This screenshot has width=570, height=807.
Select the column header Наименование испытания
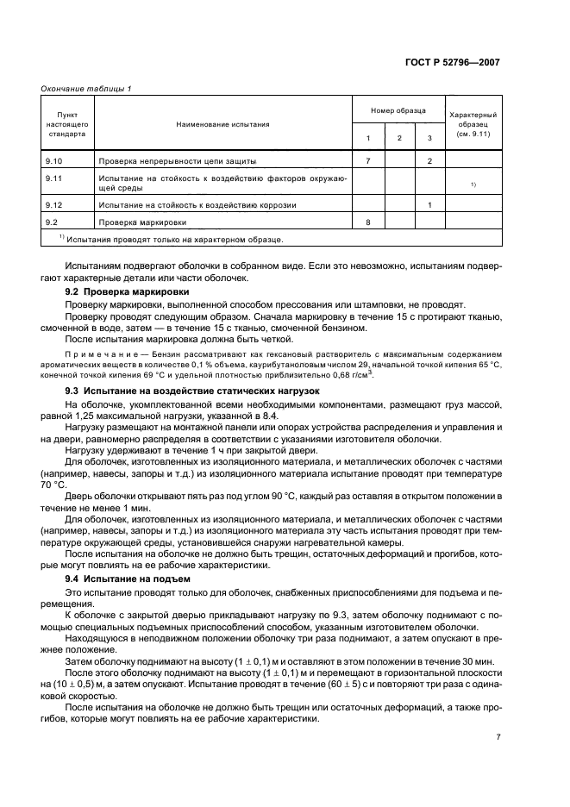222,124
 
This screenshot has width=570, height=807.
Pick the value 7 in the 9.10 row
367,161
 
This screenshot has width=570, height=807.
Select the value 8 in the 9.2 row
367,222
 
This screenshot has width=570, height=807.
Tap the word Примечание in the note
91,354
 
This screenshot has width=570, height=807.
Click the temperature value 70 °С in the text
53,485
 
